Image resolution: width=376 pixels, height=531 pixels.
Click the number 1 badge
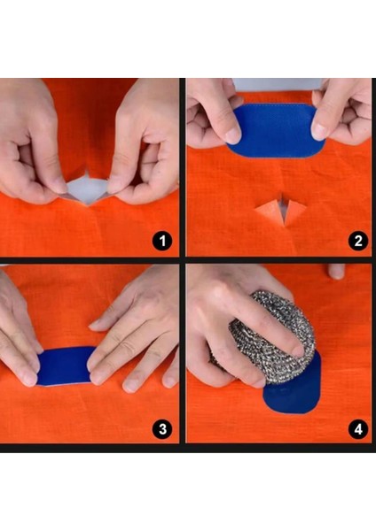tap(161, 241)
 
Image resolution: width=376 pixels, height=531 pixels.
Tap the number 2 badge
tap(356, 241)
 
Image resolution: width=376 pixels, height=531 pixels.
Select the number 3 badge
tap(161, 429)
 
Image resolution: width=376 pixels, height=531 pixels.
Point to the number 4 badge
tap(356, 429)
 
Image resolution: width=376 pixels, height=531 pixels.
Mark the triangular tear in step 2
tap(281, 209)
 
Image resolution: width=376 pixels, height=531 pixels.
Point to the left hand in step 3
tap(20, 336)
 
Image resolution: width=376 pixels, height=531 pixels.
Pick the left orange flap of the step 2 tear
tap(269, 209)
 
